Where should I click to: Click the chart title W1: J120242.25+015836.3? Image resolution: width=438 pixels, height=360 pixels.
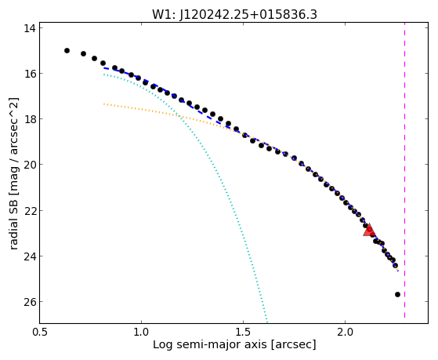pos(234,15)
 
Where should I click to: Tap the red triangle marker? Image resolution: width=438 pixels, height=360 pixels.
pos(369,231)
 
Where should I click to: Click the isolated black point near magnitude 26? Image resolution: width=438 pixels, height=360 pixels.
pos(397,295)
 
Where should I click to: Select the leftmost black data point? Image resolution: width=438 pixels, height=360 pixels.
pos(67,51)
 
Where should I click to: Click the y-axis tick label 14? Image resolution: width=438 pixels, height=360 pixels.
pos(29,28)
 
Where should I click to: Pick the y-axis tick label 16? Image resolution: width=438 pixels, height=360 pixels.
pos(29,74)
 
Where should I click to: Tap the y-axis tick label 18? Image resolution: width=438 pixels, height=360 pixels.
pos(29,119)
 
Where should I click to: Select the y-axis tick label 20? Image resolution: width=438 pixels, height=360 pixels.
pos(29,165)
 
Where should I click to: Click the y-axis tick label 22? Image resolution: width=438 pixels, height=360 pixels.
pos(29,211)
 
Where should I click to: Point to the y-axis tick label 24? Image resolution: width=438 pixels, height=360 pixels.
pos(29,256)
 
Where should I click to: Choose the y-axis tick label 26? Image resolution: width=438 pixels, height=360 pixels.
pos(29,302)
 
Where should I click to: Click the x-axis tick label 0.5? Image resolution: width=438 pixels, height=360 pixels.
pos(40,332)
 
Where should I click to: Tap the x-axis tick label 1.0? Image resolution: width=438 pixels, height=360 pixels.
pos(141,332)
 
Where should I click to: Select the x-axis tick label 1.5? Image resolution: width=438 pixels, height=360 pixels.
pos(244,332)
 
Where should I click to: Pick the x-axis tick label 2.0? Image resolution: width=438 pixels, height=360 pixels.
pos(346,332)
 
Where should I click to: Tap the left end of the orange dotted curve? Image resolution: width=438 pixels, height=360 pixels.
pos(104,104)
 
